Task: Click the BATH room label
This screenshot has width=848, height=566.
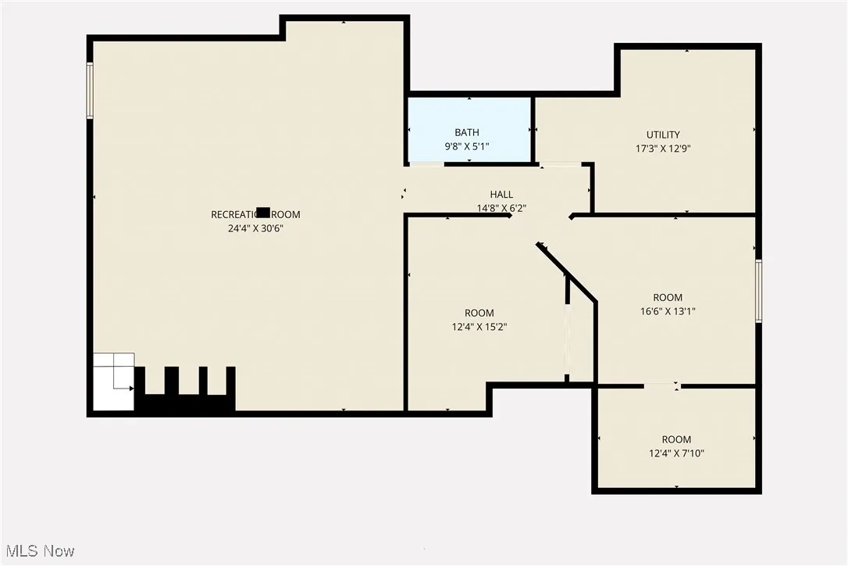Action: pyautogui.click(x=467, y=133)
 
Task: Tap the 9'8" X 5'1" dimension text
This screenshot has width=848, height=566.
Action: pyautogui.click(x=467, y=145)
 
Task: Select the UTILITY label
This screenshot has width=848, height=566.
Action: pyautogui.click(x=663, y=134)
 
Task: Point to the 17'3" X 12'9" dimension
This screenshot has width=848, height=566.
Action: pyautogui.click(x=663, y=148)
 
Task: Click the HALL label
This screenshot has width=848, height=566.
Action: pyautogui.click(x=501, y=195)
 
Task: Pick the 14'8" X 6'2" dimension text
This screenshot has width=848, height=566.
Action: pyautogui.click(x=501, y=208)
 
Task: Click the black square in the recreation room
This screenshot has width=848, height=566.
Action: pyautogui.click(x=264, y=212)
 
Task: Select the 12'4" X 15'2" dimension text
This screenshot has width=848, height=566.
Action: pyautogui.click(x=479, y=328)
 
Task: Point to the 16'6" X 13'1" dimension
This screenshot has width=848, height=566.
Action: pyautogui.click(x=667, y=310)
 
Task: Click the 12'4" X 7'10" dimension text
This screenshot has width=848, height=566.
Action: pyautogui.click(x=676, y=453)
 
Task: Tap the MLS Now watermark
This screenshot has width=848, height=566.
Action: pyautogui.click(x=38, y=551)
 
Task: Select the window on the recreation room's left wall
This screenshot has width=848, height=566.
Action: pyautogui.click(x=90, y=91)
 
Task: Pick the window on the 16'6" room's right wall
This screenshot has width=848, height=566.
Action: pyautogui.click(x=758, y=291)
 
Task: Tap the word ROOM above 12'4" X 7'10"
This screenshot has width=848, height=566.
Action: pyautogui.click(x=676, y=439)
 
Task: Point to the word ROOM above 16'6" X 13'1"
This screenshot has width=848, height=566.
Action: pyautogui.click(x=668, y=297)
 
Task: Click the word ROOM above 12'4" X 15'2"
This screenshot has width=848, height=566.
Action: pyautogui.click(x=479, y=313)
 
